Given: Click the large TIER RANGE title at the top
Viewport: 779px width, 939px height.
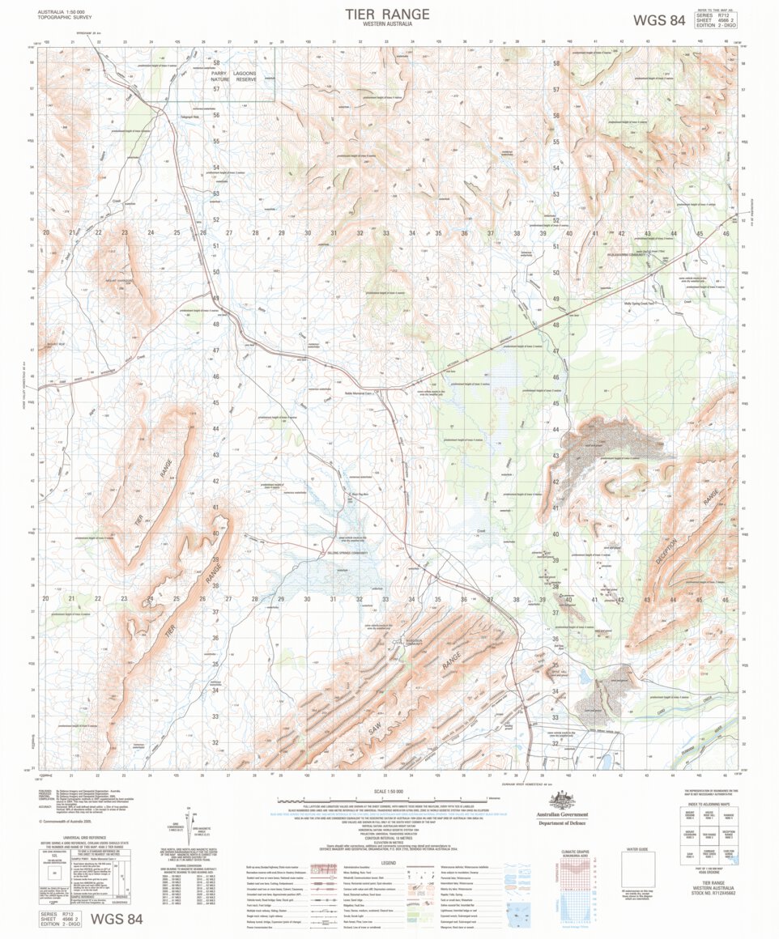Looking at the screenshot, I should pyautogui.click(x=387, y=15).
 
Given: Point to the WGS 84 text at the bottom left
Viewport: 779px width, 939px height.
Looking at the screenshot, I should pyautogui.click(x=117, y=919).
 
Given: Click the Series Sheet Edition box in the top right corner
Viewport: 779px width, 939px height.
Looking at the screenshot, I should pyautogui.click(x=716, y=20).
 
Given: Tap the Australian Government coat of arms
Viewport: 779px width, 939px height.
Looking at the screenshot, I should pyautogui.click(x=561, y=801).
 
